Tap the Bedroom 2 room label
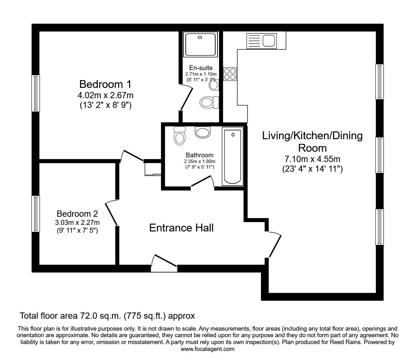[77, 214]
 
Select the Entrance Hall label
[181, 228]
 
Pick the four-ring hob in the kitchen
[230, 74]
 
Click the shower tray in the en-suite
[200, 44]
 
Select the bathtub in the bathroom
[232, 156]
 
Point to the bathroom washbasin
[202, 132]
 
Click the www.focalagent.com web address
[207, 349]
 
